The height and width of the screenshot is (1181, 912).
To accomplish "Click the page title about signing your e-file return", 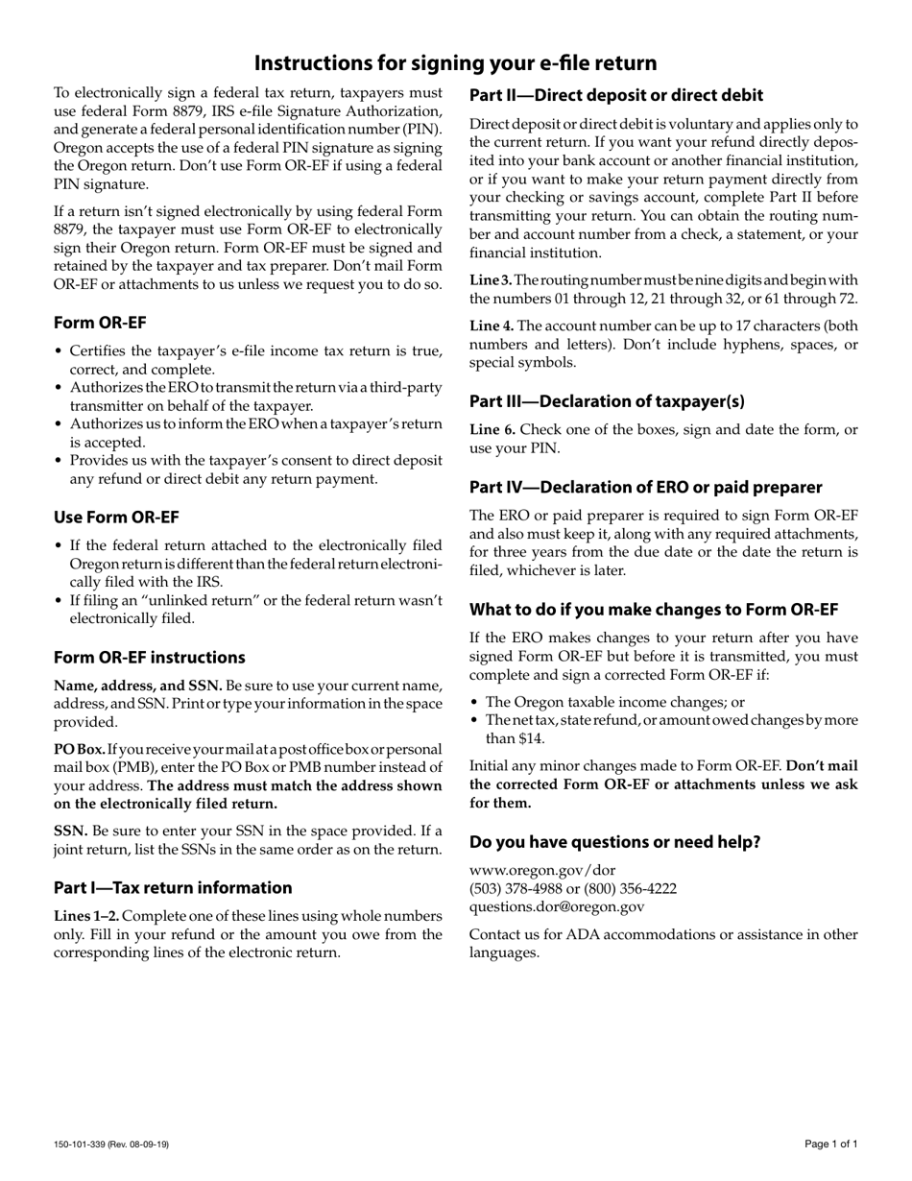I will pos(455,63).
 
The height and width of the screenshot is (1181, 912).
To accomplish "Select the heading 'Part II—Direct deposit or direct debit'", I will pos(615,95).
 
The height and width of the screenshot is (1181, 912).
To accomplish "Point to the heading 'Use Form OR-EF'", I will pos(116,518).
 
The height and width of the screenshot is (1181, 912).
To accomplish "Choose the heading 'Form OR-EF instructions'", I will pos(149,658).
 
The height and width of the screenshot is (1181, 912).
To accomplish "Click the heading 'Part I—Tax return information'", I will pos(173,887).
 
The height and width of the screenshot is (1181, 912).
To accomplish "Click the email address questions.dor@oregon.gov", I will pos(557,905).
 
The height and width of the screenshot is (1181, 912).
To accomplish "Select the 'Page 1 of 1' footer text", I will pos(830,1144).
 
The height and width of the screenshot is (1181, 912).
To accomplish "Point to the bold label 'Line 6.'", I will pos(492,428).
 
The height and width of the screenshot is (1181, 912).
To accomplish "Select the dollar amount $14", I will pos(531,738).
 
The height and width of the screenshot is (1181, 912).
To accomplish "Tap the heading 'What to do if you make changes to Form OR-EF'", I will pos(654,610).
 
